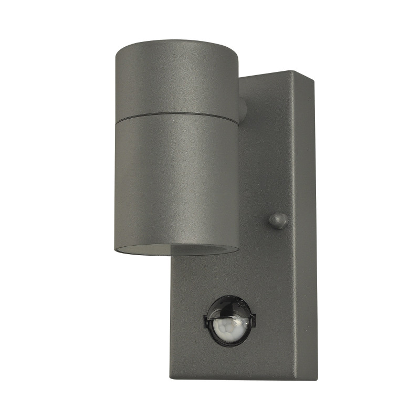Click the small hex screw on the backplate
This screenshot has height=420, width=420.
pos(278,220)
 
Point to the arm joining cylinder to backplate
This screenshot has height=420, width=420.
pos(242,109)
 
